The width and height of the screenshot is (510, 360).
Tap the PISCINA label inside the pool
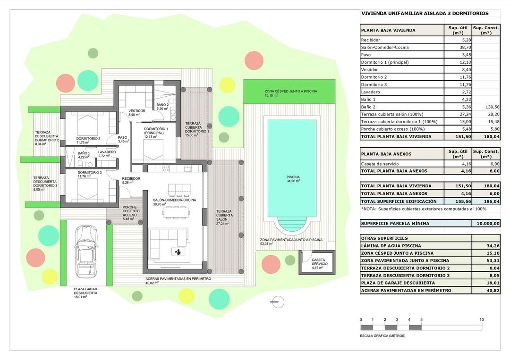point(293,178)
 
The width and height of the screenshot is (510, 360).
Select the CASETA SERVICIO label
point(318,261)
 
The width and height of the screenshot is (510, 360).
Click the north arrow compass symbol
point(277,301)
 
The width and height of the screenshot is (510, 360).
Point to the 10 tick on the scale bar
point(481,320)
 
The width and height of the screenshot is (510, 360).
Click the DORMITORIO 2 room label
point(88,138)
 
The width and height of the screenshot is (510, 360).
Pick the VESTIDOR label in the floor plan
point(136,111)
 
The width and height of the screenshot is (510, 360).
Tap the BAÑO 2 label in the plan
point(162,105)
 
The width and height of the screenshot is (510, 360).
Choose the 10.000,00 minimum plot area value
point(486,224)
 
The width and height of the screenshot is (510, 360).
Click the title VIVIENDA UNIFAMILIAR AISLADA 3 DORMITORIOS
point(425,14)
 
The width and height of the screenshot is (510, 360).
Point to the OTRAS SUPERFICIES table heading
point(384,238)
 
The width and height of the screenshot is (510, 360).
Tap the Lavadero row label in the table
point(371,92)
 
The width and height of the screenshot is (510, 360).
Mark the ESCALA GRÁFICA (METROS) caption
point(382,336)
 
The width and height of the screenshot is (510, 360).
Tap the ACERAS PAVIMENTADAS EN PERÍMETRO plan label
point(178,279)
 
